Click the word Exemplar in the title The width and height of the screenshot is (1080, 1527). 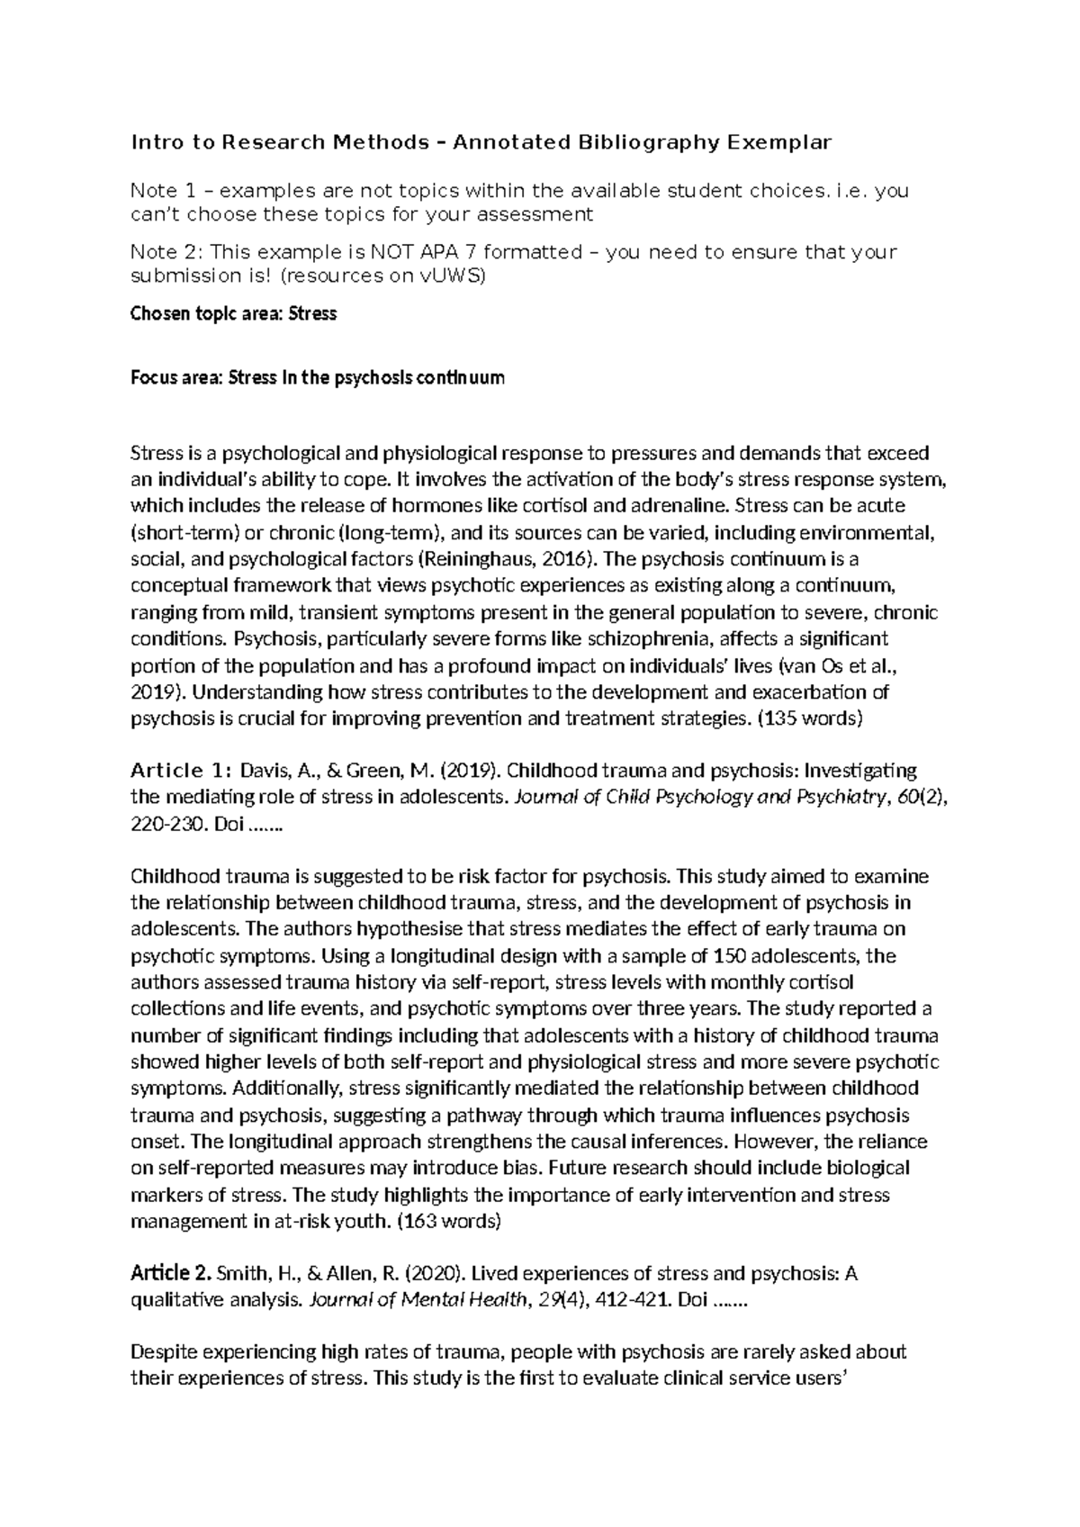(x=779, y=142)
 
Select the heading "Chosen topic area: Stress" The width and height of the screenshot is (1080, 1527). (x=234, y=314)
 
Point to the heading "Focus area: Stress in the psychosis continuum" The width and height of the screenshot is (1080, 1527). (x=318, y=377)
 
